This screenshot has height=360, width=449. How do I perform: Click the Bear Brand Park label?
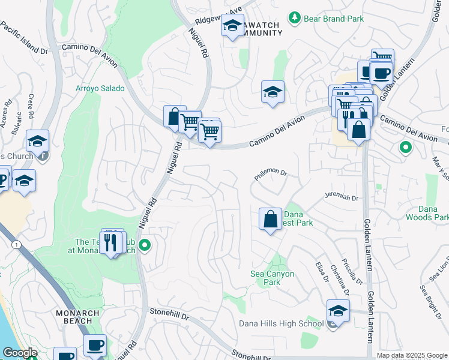[334, 19]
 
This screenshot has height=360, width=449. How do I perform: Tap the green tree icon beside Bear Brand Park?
[294, 18]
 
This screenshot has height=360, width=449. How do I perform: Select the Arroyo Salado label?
[100, 88]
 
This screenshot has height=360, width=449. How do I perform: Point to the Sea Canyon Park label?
[272, 278]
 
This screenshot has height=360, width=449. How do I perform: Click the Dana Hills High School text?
[281, 323]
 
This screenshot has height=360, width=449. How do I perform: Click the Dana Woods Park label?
[427, 213]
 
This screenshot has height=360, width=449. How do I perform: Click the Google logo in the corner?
[20, 353]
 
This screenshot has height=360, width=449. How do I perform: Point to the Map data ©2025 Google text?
[411, 355]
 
